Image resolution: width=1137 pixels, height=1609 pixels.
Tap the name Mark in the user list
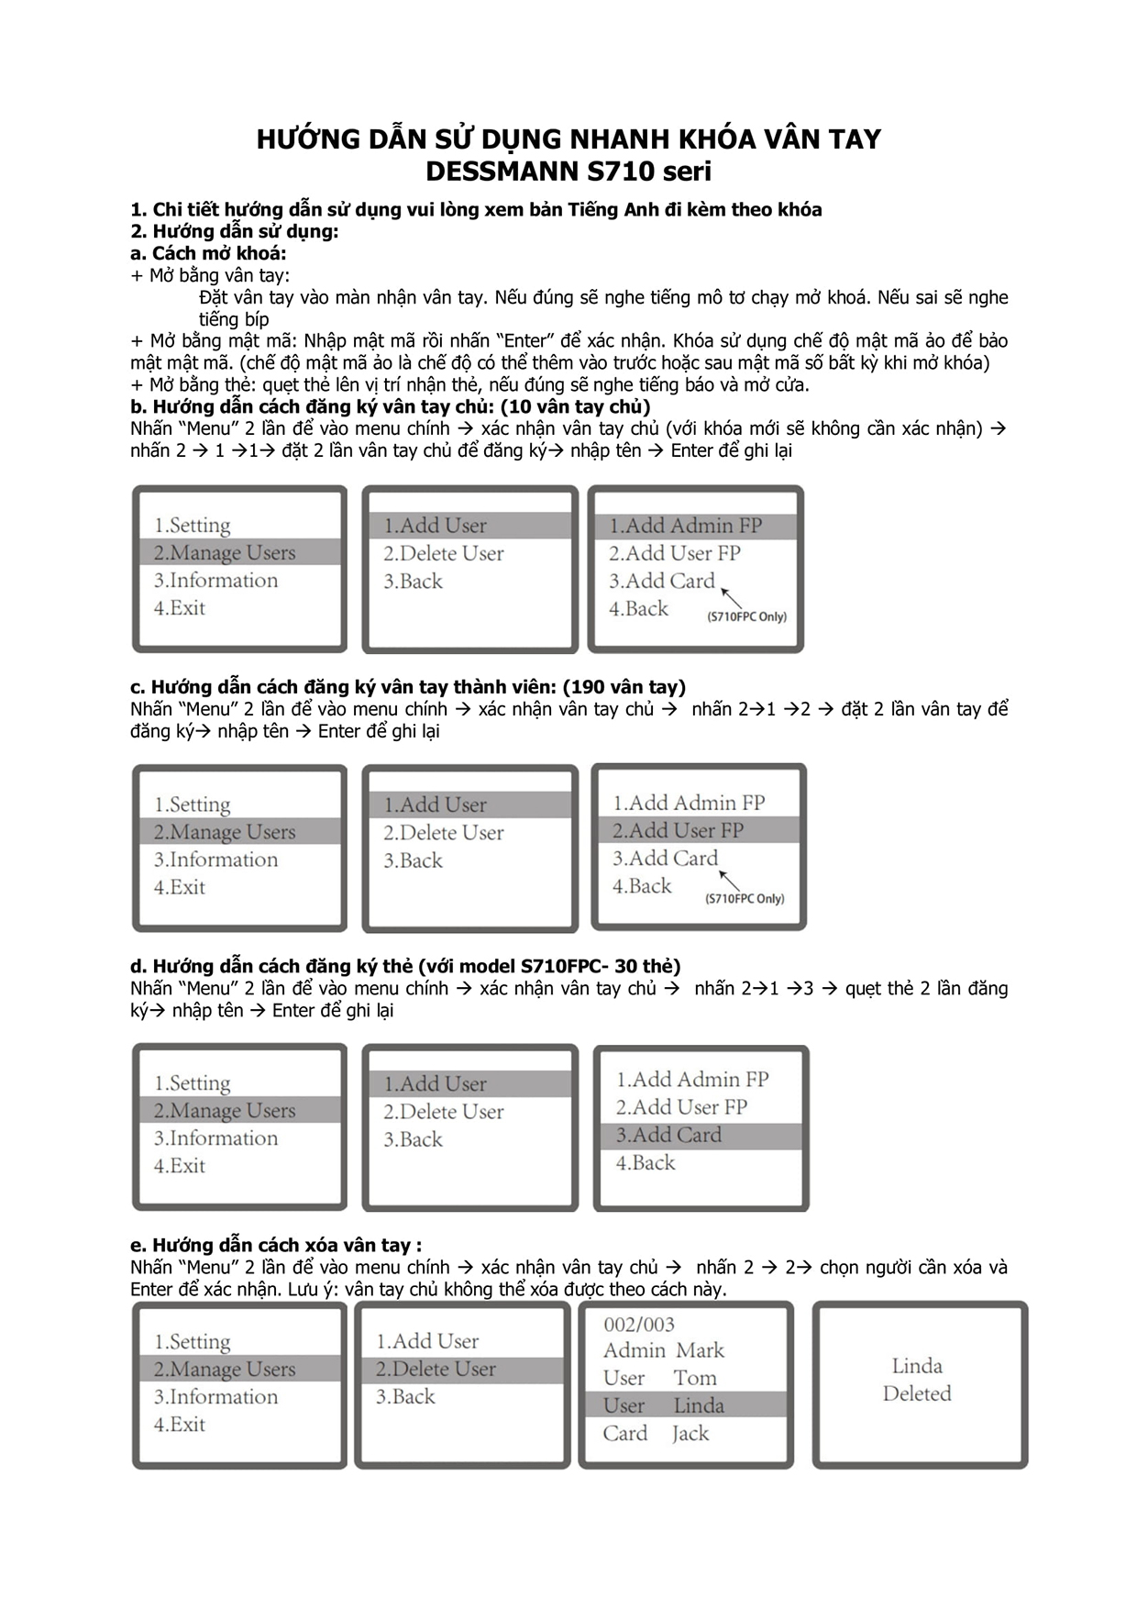pos(701,1350)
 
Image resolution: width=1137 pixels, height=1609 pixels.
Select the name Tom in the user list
pos(695,1378)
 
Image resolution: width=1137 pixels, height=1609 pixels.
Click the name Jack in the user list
pos(690,1433)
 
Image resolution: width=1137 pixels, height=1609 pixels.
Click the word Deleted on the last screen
pos(917,1393)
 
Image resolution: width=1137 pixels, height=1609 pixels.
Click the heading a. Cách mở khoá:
pos(208,253)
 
